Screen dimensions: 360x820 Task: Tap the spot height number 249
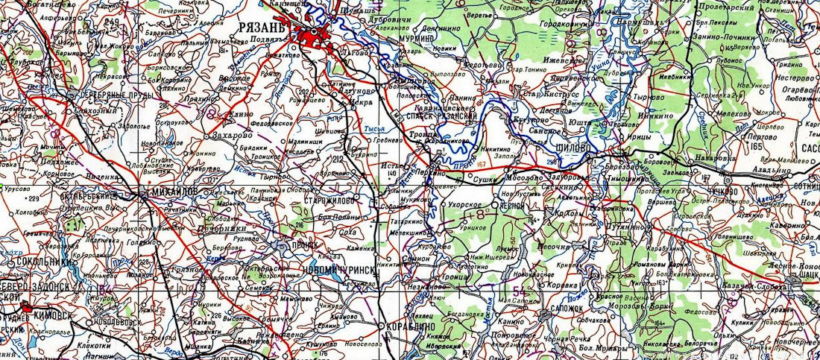[113, 22]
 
